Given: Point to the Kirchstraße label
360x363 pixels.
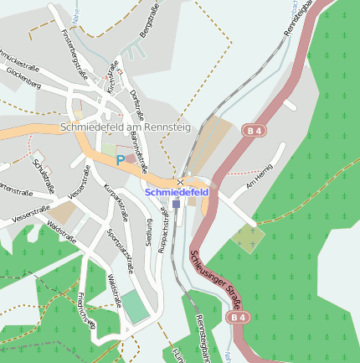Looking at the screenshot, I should point(111,75).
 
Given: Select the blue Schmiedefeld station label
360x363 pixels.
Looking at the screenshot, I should point(177,192).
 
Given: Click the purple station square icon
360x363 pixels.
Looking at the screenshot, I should point(176,203).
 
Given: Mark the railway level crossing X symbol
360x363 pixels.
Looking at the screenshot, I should point(180,181).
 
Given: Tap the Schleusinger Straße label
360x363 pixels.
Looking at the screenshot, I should point(213,277).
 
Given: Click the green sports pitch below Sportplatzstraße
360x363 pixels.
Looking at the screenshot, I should point(135,307).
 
